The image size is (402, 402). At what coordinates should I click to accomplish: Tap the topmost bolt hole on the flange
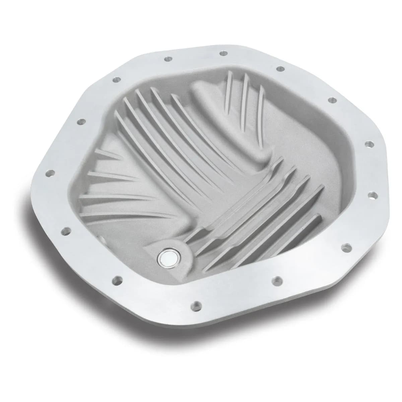coord(222,53)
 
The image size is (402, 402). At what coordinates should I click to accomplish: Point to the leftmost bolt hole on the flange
coord(51,173)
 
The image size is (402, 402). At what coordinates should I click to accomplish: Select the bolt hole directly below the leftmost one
coord(66,230)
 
